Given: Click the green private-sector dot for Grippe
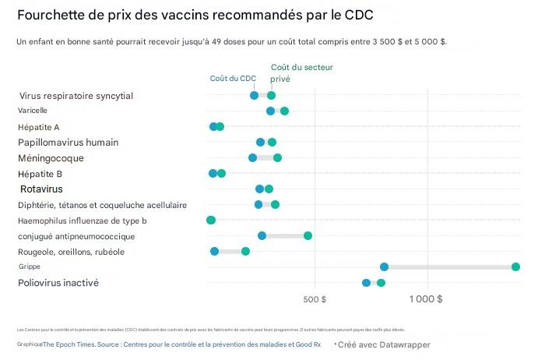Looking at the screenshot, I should coord(515,266).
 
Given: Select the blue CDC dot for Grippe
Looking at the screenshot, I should coord(384,266).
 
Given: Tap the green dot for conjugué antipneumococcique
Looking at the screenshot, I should coord(308,235).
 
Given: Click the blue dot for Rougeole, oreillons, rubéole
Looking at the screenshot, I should coord(214,251).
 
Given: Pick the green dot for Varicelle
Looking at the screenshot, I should coord(284,111).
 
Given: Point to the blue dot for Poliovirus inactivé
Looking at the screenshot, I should coord(366,282).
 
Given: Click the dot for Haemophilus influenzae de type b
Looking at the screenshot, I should coord(210,220).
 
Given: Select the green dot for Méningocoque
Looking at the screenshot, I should coord(277,157).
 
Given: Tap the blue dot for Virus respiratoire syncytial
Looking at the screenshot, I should coord(254,95).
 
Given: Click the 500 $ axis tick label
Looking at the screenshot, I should coord(313,299).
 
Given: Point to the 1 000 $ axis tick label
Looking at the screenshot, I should coord(426,299).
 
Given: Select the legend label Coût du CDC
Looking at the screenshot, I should coord(233,78).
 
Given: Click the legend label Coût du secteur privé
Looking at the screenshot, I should coord(290,73).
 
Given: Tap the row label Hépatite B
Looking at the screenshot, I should coord(40,174).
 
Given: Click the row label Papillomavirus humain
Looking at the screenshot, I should coord(69,143).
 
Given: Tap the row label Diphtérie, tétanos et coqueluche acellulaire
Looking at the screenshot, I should coord(102,205).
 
